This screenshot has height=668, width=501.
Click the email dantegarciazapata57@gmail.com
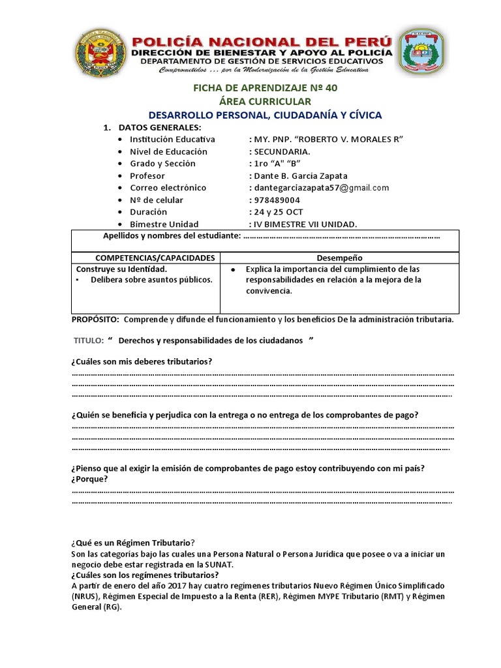pos(319,188)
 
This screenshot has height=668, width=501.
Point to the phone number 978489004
pos(275,200)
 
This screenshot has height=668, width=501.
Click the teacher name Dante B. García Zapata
pos(298,176)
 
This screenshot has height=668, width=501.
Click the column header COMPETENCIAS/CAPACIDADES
pos(145,258)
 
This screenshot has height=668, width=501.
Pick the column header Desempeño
pos(339,258)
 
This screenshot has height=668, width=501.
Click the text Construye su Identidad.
pos(121,269)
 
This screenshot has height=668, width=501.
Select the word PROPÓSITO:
pos(95,320)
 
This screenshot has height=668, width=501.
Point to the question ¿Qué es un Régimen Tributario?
pos(133,543)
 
